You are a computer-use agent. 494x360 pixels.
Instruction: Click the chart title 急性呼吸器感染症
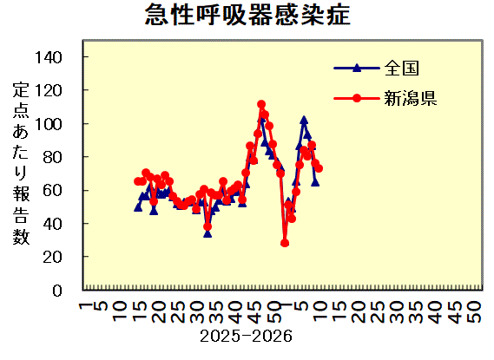pyautogui.click(x=247, y=15)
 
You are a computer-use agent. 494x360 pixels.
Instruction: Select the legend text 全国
pyautogui.click(x=403, y=67)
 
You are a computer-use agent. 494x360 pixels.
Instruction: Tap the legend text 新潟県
pyautogui.click(x=411, y=97)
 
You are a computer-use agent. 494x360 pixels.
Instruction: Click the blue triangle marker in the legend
pyautogui.click(x=357, y=67)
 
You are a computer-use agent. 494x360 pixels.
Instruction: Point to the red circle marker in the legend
pyautogui.click(x=357, y=97)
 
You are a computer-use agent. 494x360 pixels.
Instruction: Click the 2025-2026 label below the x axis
pyautogui.click(x=246, y=335)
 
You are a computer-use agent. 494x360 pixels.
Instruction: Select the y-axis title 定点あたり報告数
pyautogui.click(x=21, y=164)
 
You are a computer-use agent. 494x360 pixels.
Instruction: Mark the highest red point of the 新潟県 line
pyautogui.click(x=261, y=104)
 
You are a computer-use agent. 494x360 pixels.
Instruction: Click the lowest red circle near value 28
pyautogui.click(x=285, y=243)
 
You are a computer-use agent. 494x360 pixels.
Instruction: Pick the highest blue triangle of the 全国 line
pyautogui.click(x=304, y=120)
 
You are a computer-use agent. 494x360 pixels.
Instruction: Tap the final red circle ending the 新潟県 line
pyautogui.click(x=319, y=167)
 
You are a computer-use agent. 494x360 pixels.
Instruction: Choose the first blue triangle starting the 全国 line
pyautogui.click(x=138, y=206)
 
